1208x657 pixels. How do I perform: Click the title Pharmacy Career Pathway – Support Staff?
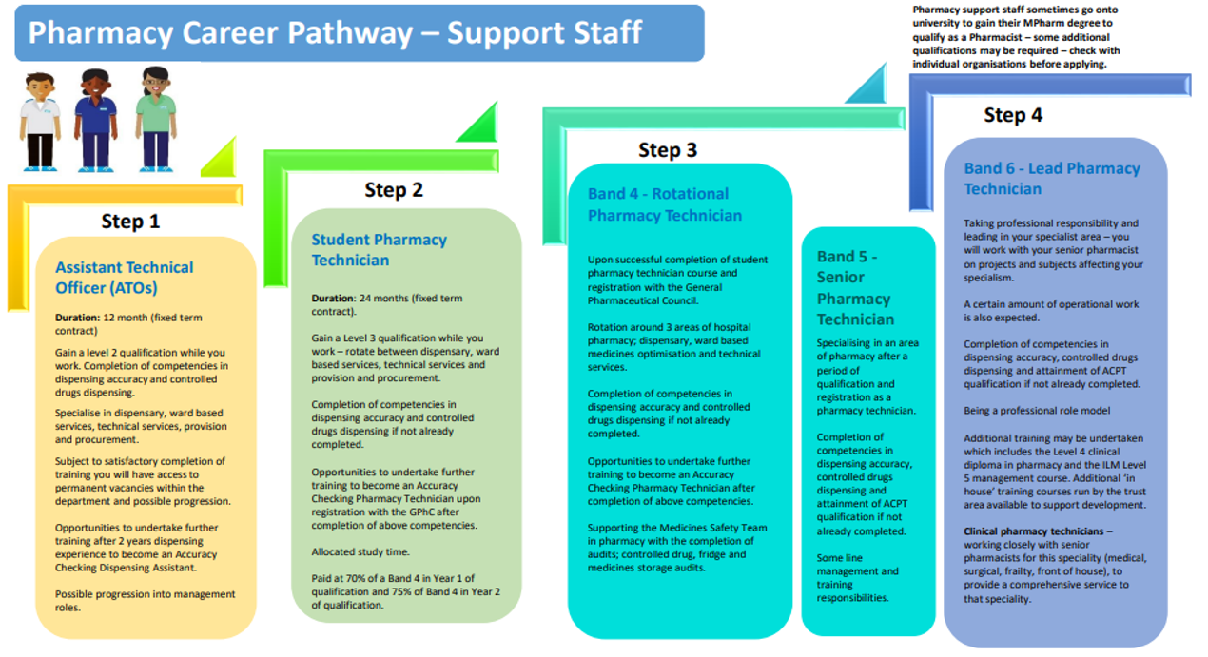point(335,33)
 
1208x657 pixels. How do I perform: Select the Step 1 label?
point(130,222)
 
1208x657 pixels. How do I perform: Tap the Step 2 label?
point(393,190)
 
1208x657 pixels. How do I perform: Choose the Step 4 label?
point(1013,115)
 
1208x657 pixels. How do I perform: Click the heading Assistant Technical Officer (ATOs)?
point(124,278)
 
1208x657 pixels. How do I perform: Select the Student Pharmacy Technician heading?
point(379,250)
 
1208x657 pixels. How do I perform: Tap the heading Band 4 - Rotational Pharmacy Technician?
point(664,204)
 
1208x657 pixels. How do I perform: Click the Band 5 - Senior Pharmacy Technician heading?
point(855,287)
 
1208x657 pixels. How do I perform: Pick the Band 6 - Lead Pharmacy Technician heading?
point(1051,179)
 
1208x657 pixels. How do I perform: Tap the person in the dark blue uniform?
point(96,120)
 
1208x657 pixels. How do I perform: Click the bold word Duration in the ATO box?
point(77,318)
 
